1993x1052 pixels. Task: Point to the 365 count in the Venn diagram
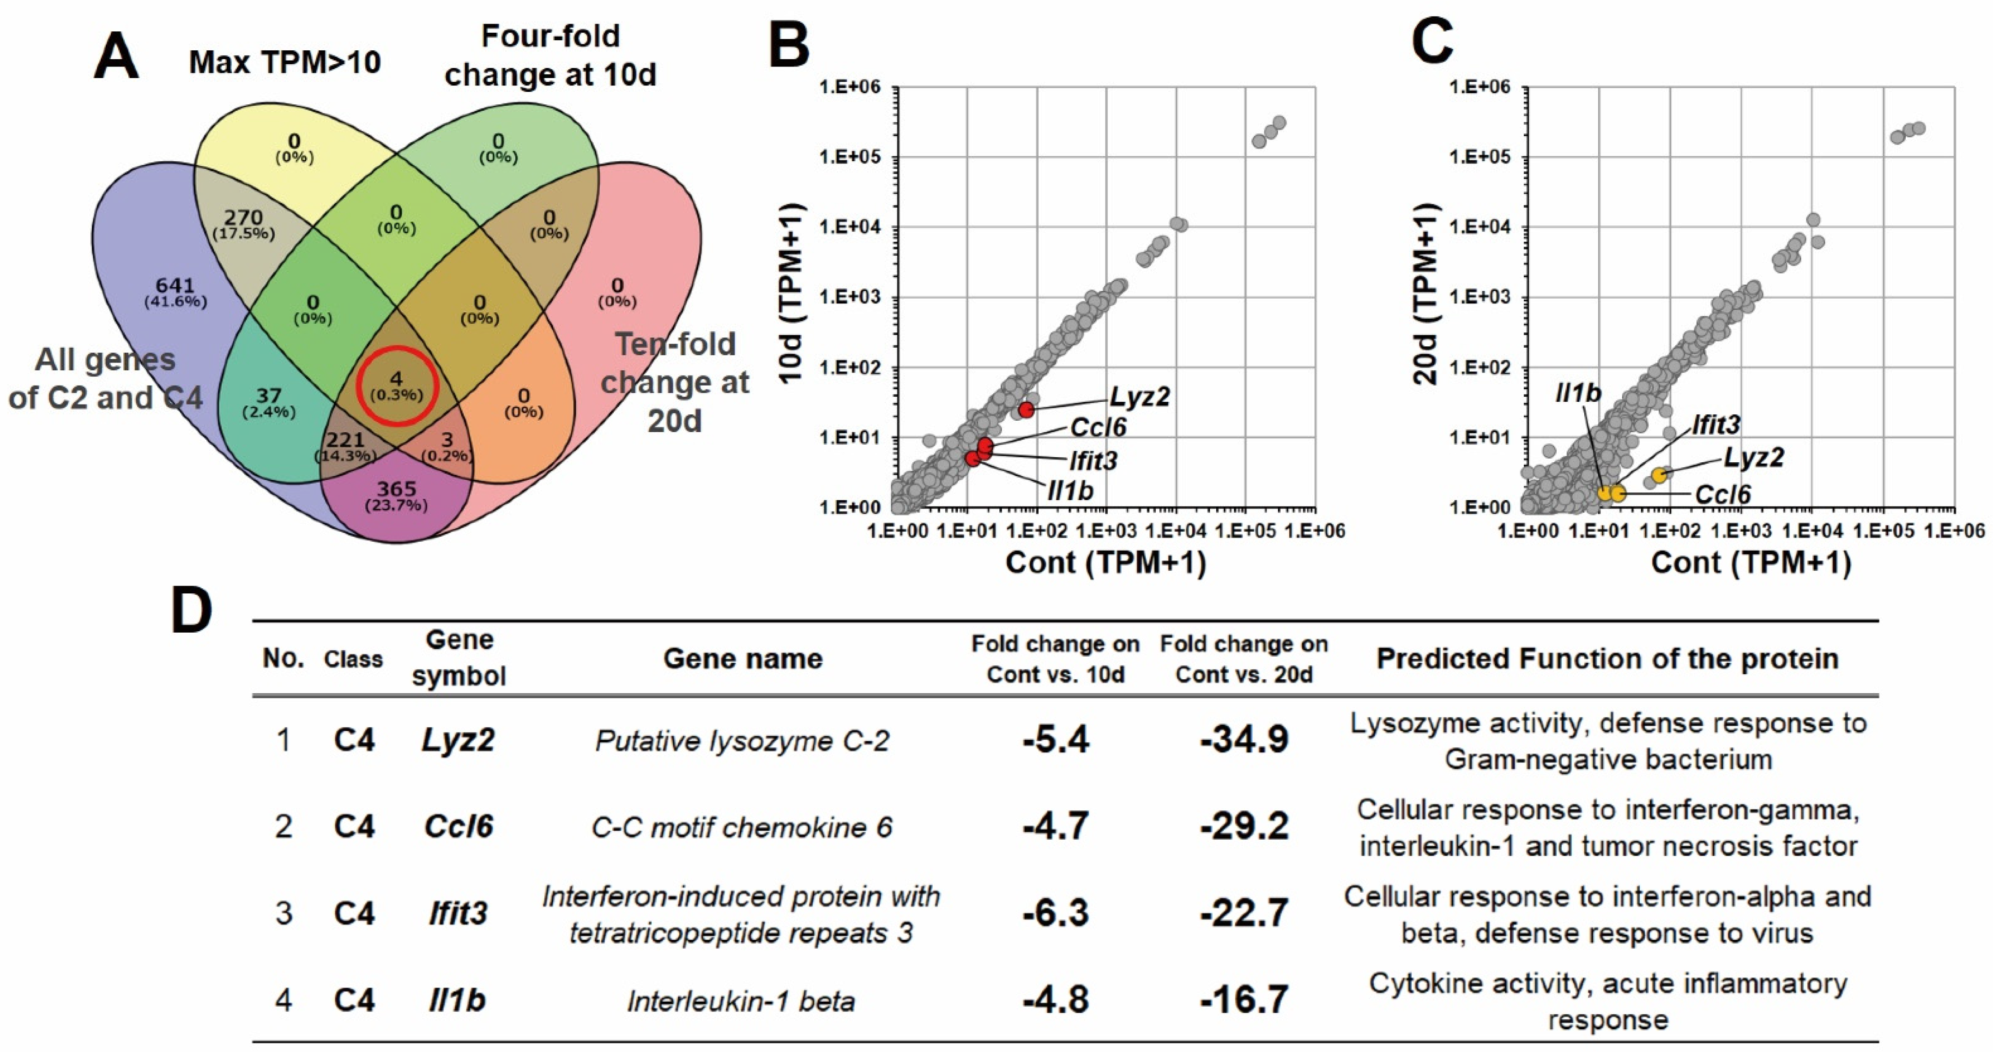click(396, 490)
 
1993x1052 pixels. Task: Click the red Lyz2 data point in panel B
click(1026, 410)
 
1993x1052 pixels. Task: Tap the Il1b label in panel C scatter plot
click(1578, 394)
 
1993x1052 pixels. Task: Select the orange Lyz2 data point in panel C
click(1659, 475)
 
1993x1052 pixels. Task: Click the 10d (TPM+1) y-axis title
click(791, 294)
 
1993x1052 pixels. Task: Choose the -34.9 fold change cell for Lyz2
click(1244, 739)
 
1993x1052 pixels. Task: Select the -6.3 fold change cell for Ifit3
click(1055, 913)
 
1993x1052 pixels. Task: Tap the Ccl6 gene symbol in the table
click(459, 826)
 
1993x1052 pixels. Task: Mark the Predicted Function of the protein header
click(1607, 659)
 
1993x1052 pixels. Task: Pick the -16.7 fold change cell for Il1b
click(1244, 1000)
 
